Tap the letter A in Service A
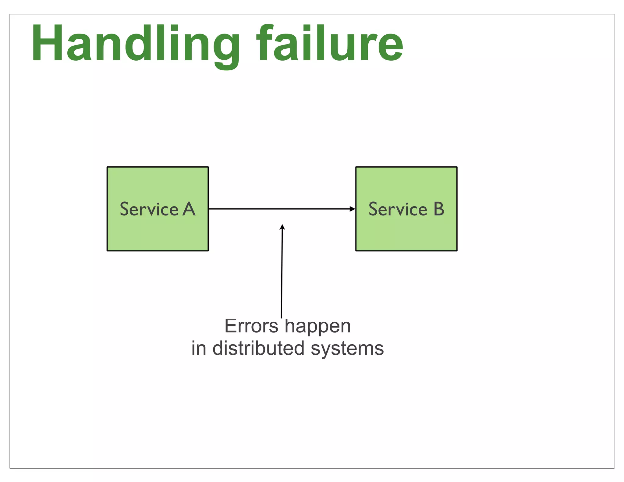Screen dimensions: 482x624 pos(189,209)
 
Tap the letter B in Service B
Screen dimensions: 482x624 pos(439,209)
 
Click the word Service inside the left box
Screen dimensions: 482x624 pos(149,209)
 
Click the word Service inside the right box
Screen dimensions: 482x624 pos(398,209)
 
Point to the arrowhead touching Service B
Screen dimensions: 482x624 pos(353,209)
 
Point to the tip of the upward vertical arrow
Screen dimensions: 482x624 pos(282,226)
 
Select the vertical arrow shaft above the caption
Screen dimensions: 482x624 pos(282,274)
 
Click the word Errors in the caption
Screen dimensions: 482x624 pos(251,326)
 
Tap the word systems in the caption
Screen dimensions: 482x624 pos(347,349)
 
